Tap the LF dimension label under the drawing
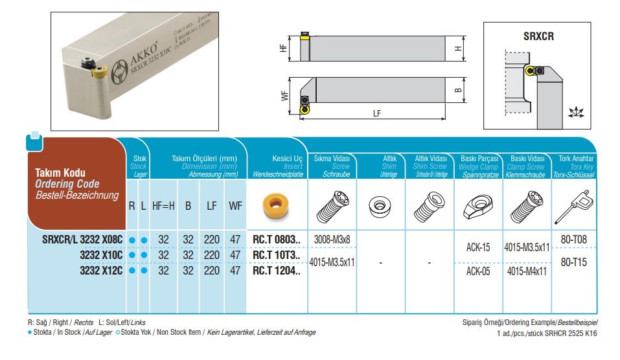pyautogui.click(x=376, y=113)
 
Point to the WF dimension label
pyautogui.click(x=284, y=96)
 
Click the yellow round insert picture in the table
pyautogui.click(x=271, y=207)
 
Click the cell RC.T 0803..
pyautogui.click(x=277, y=240)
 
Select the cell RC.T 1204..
pyautogui.click(x=277, y=271)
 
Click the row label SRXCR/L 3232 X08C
pyautogui.click(x=82, y=240)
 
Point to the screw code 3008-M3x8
pyautogui.click(x=332, y=240)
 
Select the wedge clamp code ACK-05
pyautogui.click(x=478, y=271)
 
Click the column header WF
pyautogui.click(x=235, y=206)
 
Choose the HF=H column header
pyautogui.click(x=163, y=206)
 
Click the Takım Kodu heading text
pyautogui.click(x=60, y=174)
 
